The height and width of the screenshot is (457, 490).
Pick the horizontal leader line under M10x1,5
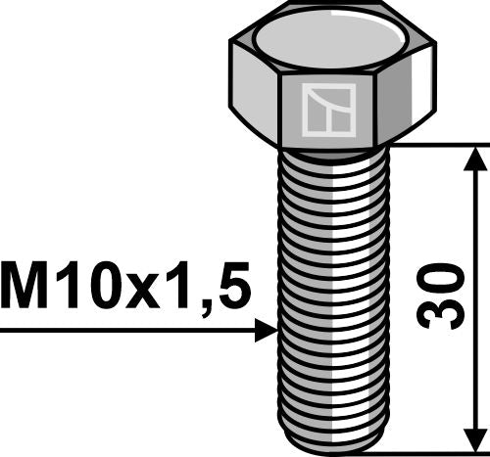click(127, 332)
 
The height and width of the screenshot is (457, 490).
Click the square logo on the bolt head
click(328, 110)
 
